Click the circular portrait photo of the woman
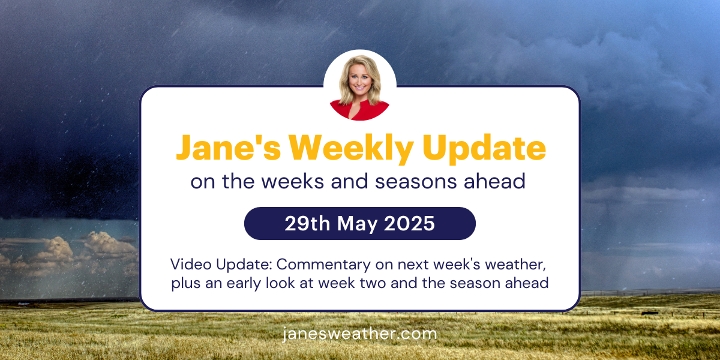360,85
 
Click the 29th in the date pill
305,224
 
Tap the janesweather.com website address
360,334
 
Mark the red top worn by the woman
360,112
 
